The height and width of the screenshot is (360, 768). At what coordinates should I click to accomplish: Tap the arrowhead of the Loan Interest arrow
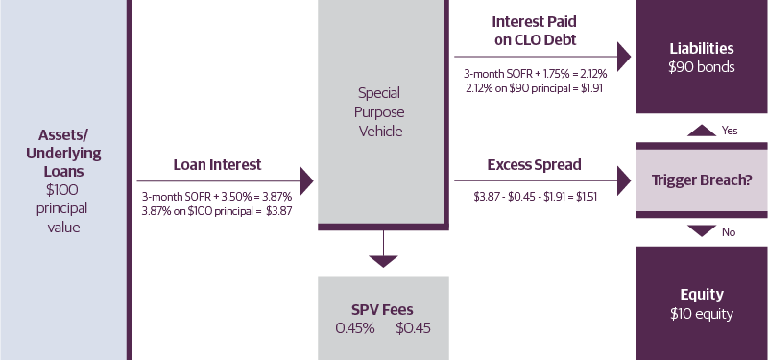coord(307,180)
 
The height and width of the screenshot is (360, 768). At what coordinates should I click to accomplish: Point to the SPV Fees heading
coord(383,310)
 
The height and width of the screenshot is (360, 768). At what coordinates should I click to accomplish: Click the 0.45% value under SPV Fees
coord(353,328)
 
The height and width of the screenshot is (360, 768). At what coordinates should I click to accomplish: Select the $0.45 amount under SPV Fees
coord(413,328)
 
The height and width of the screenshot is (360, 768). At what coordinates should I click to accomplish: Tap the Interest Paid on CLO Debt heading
coord(534,29)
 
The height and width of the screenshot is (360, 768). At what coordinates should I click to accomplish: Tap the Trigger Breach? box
coord(702,180)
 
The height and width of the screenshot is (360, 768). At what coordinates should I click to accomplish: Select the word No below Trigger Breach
coord(729,230)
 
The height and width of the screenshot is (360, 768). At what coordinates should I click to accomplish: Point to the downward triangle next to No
coord(703,230)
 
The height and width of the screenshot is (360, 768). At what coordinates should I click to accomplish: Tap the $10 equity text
coord(703,313)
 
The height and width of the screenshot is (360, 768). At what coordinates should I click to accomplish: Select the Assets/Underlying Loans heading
coord(63,153)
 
